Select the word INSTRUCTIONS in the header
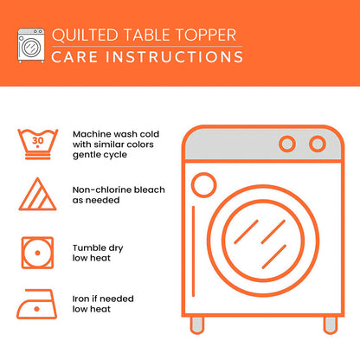tap(169, 57)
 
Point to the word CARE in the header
tap(72, 57)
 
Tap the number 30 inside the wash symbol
tap(37, 138)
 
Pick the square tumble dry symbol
tap(37, 252)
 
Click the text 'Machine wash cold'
tap(117, 135)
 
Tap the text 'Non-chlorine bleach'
tap(119, 189)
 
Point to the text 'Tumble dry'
tap(98, 248)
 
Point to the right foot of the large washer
tap(330, 325)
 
